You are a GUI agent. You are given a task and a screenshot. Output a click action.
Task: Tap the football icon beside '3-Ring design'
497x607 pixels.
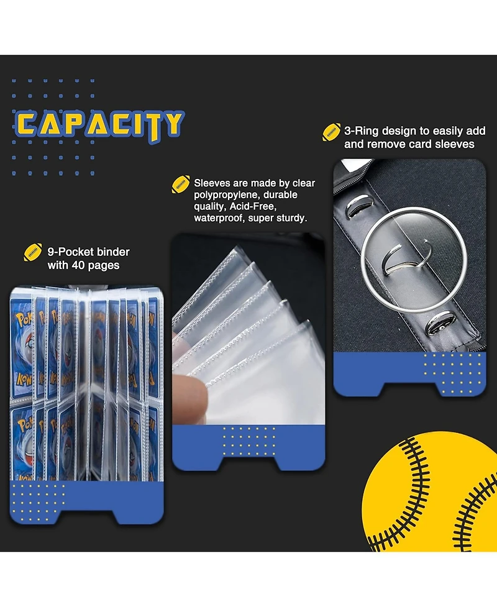point(331,132)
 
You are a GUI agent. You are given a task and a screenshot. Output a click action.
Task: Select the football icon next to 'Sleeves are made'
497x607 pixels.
point(181,185)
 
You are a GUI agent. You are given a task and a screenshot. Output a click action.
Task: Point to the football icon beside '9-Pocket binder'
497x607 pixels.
point(33,252)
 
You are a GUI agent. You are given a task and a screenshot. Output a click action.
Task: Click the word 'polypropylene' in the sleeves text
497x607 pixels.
point(226,194)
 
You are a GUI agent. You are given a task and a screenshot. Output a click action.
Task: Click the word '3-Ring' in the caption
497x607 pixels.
point(361,131)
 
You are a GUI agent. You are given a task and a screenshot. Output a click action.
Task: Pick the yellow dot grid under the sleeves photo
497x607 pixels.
point(249,441)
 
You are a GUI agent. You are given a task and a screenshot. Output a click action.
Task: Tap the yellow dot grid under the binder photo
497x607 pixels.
point(38,502)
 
